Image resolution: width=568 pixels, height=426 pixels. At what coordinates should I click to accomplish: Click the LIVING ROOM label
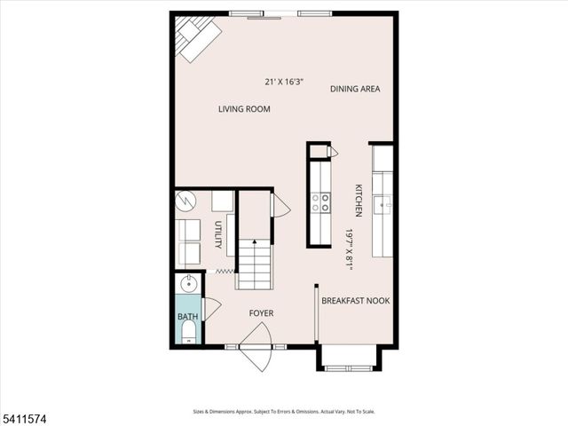pyautogui.click(x=244, y=109)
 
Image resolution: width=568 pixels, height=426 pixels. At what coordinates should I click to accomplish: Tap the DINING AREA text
pyautogui.click(x=355, y=89)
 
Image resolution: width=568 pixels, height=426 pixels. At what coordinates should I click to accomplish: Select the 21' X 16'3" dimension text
pyautogui.click(x=284, y=82)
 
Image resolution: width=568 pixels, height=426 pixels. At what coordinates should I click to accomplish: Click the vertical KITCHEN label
pyautogui.click(x=359, y=201)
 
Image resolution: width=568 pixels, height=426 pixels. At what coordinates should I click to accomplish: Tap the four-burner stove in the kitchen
pyautogui.click(x=319, y=203)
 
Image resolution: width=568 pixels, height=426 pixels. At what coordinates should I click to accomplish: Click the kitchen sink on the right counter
pyautogui.click(x=383, y=205)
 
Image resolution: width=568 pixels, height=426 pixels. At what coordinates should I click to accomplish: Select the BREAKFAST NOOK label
pyautogui.click(x=355, y=301)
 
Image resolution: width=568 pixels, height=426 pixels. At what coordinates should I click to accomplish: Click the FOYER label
pyautogui.click(x=261, y=313)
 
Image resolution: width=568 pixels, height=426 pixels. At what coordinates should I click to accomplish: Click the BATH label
pyautogui.click(x=188, y=317)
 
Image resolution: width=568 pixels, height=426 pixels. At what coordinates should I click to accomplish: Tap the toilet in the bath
pyautogui.click(x=188, y=333)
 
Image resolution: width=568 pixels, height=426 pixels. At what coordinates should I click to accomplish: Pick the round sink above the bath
pyautogui.click(x=188, y=285)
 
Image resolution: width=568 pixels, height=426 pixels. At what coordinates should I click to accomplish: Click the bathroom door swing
pyautogui.click(x=211, y=309)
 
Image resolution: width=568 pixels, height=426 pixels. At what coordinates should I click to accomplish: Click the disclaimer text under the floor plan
pyautogui.click(x=284, y=412)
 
